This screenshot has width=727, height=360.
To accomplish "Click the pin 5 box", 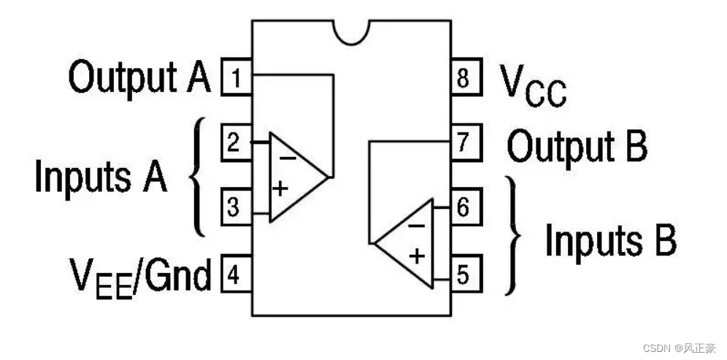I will (464, 275).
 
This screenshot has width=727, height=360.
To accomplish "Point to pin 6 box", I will (464, 207).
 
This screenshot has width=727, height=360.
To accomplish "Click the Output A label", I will (139, 77).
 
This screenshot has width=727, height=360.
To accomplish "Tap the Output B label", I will (577, 147).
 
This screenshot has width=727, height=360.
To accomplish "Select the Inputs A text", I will (101, 177).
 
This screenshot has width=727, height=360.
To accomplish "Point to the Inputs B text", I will (611, 240).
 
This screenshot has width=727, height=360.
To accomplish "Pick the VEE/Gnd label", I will (140, 277).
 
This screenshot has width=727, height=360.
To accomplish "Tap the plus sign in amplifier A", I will (281, 188).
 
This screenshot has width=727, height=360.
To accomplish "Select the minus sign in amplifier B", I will (415, 224).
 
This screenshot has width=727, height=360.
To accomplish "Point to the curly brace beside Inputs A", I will (198, 177).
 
